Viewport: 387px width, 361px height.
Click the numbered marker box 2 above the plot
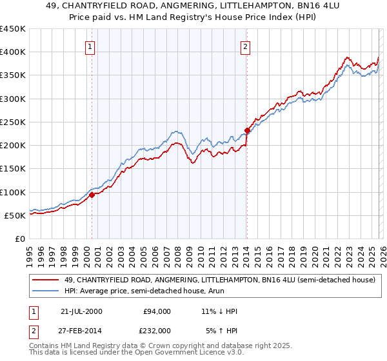coord(246,46)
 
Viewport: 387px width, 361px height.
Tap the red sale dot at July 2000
coord(92,195)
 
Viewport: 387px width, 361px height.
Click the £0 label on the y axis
coord(19,239)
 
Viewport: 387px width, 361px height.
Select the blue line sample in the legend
coord(45,291)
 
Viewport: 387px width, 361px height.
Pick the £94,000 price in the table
coord(157,311)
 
